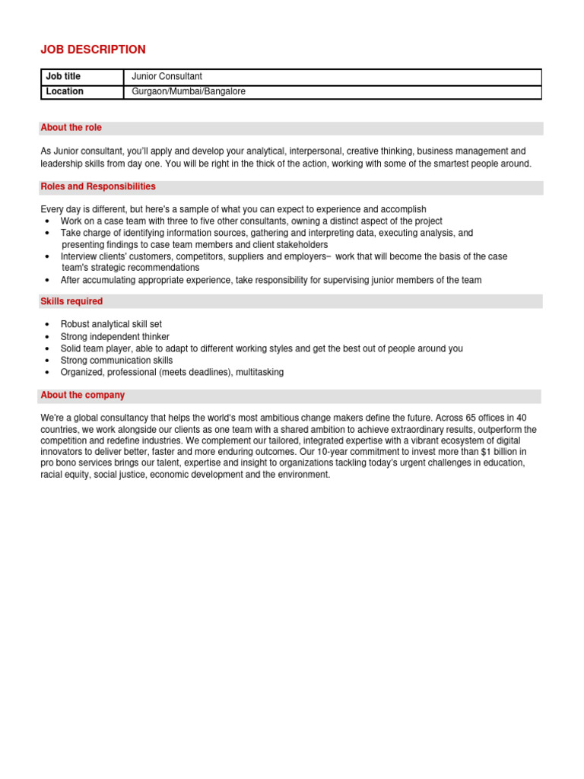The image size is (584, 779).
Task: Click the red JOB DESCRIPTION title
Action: coord(93,49)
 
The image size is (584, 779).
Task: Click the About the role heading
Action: coord(71,128)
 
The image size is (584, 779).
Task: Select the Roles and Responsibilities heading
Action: coord(98,186)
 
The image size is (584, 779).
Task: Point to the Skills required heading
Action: coord(71,301)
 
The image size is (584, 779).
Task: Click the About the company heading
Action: coord(82,396)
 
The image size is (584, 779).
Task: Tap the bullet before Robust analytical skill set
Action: coord(47,325)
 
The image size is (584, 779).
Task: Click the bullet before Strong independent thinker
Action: coord(47,337)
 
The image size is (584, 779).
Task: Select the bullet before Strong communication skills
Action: coord(47,361)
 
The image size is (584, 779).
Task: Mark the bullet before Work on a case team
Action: coord(47,221)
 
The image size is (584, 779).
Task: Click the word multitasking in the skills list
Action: coord(259,372)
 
